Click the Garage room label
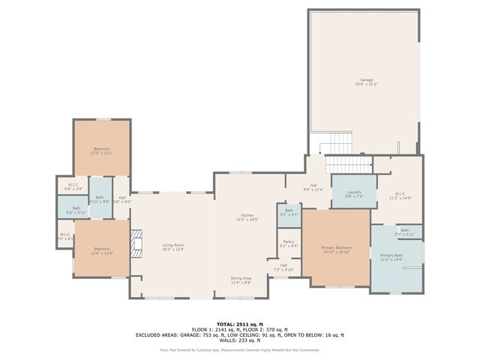(x=366, y=81)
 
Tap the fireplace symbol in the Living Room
(x=136, y=243)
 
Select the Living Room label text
(x=173, y=247)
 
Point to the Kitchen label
(x=247, y=217)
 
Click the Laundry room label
(x=353, y=194)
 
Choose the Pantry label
(x=288, y=243)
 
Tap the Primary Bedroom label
(x=336, y=250)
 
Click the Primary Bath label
(x=391, y=257)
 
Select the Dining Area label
(x=241, y=279)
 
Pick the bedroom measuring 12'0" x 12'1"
(x=101, y=151)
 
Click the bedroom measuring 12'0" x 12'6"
(x=101, y=250)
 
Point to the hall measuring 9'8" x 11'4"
(x=312, y=187)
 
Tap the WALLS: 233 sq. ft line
(x=239, y=340)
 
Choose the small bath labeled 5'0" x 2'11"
(x=404, y=232)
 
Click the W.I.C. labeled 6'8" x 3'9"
(x=73, y=186)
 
